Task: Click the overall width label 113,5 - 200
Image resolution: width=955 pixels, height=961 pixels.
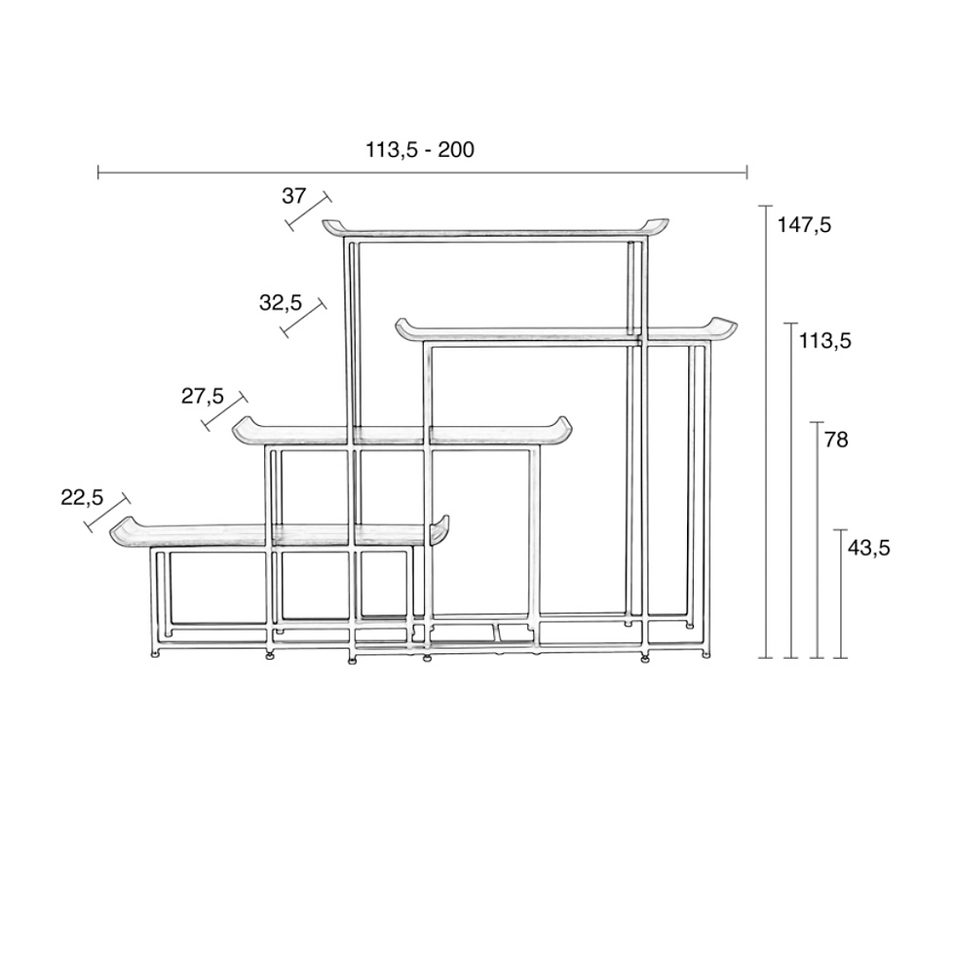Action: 420,150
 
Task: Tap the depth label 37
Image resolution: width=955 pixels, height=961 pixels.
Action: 293,196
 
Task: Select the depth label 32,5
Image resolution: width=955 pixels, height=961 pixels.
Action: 281,303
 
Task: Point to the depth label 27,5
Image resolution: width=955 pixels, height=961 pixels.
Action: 203,397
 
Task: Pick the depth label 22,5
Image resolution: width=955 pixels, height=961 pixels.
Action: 82,498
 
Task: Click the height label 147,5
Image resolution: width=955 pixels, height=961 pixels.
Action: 804,225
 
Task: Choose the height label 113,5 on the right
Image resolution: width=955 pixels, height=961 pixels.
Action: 825,341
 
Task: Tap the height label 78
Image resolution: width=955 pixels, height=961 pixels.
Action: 836,440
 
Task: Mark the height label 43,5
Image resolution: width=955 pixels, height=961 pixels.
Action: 868,548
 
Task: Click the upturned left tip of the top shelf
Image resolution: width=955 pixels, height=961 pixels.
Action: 325,223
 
